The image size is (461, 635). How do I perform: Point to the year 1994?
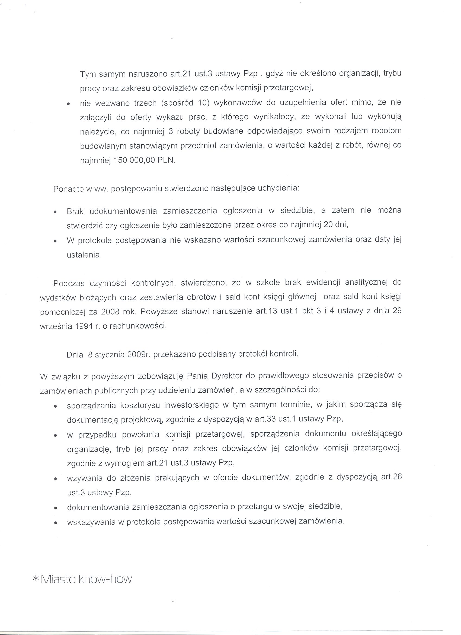click(84, 326)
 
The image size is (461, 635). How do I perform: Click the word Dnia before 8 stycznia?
click(75, 355)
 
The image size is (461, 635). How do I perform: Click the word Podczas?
click(69, 283)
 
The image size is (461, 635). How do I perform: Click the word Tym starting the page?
click(88, 74)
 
